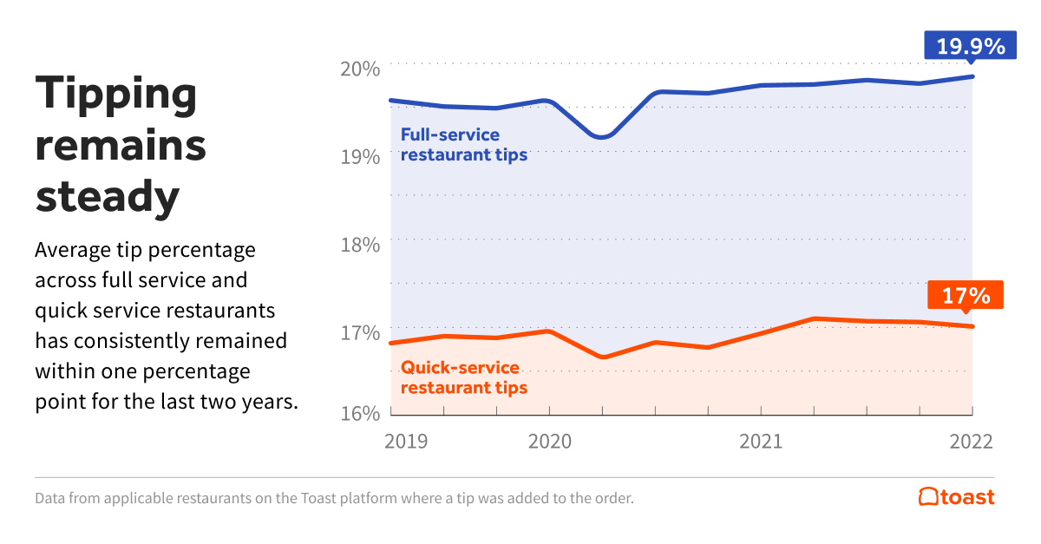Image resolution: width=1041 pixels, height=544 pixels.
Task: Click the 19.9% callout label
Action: point(970,44)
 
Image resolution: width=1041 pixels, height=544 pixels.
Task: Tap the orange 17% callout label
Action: point(966,295)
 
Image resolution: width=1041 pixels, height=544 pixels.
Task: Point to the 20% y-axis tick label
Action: point(359,69)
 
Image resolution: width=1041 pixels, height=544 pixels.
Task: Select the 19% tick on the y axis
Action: point(359,157)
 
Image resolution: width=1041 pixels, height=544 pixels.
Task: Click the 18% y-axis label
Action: point(359,245)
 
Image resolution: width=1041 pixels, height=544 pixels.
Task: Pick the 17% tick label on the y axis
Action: point(359,332)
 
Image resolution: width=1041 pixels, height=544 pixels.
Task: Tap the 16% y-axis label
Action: point(359,413)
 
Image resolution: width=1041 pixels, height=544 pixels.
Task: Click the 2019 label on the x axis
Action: point(406,441)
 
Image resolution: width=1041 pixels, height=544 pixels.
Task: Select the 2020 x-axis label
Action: point(548,441)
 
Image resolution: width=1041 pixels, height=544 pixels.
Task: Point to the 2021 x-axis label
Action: point(760,441)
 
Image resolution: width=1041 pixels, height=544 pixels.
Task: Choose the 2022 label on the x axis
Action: point(972,441)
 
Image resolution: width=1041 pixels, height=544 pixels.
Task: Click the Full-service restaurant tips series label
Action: point(462,145)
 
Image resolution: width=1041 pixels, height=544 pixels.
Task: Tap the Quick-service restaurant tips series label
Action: point(463,377)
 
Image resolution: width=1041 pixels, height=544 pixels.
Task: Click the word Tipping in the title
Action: point(116,94)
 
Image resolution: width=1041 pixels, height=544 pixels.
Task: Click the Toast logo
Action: point(956,497)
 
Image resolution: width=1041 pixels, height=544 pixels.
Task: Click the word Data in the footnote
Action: point(50,499)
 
